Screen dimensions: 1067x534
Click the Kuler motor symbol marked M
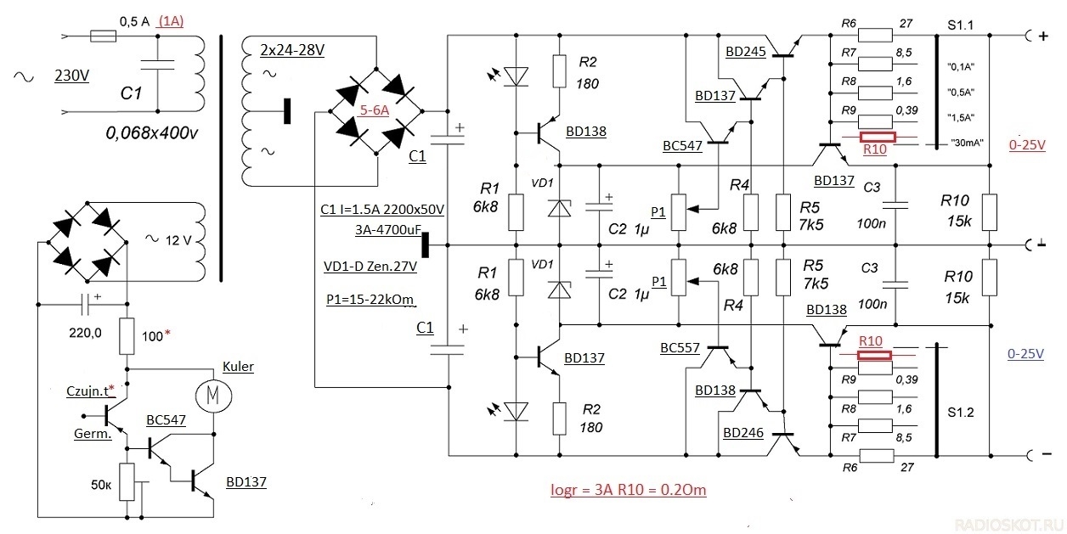pyautogui.click(x=213, y=396)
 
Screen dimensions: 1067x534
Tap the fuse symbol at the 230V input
pyautogui.click(x=103, y=36)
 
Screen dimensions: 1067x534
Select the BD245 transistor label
pyautogui.click(x=746, y=52)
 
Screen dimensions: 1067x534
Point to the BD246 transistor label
pyautogui.click(x=743, y=433)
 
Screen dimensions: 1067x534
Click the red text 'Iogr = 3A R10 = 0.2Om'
pyautogui.click(x=629, y=490)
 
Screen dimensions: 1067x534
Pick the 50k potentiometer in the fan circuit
pyautogui.click(x=127, y=481)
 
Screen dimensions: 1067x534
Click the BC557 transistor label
pyautogui.click(x=680, y=348)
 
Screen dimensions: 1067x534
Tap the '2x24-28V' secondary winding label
pyautogui.click(x=292, y=50)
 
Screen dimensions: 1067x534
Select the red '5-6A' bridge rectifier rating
pyautogui.click(x=375, y=110)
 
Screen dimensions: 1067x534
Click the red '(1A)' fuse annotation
pyautogui.click(x=171, y=21)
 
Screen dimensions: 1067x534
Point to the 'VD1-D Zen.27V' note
pyautogui.click(x=370, y=266)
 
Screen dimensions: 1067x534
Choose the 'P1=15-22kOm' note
pyautogui.click(x=370, y=300)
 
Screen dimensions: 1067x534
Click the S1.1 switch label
pyautogui.click(x=960, y=25)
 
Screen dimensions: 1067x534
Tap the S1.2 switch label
pyautogui.click(x=960, y=412)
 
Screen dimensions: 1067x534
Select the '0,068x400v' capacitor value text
pyautogui.click(x=151, y=133)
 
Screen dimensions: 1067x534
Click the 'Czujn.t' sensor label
pyautogui.click(x=91, y=391)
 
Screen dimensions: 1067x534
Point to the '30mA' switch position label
pyautogui.click(x=967, y=143)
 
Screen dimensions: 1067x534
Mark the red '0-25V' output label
pyautogui.click(x=1027, y=144)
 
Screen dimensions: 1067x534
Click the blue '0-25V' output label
pyautogui.click(x=1025, y=354)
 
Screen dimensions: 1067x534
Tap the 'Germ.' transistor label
pyautogui.click(x=93, y=434)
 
